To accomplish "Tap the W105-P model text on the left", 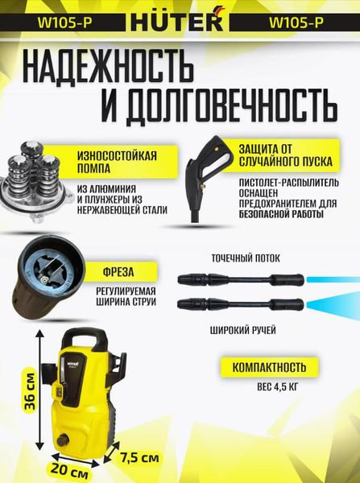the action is (64, 23).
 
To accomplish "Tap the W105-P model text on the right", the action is (296, 23).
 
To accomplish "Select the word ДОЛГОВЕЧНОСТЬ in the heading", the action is (231, 105).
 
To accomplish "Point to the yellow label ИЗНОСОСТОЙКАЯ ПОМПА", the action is (117, 162).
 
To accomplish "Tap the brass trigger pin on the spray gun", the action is (201, 186).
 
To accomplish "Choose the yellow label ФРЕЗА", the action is (118, 272).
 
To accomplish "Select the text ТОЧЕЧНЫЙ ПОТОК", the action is (246, 258).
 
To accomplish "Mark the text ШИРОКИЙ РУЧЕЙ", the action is (243, 330).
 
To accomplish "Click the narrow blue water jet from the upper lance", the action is (333, 279).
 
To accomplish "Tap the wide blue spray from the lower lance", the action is (333, 306).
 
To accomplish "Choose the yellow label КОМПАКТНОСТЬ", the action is (269, 367).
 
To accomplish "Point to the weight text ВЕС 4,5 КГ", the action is (278, 386).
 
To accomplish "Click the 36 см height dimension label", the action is (30, 391).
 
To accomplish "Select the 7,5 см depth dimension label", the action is (139, 458).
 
